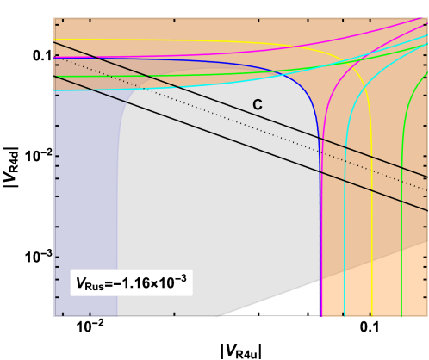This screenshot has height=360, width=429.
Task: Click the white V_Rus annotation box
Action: pyautogui.click(x=131, y=282)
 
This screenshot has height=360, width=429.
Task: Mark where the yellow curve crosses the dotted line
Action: pyautogui.click(x=370, y=164)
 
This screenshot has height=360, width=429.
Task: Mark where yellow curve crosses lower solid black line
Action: pyautogui.click(x=370, y=186)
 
